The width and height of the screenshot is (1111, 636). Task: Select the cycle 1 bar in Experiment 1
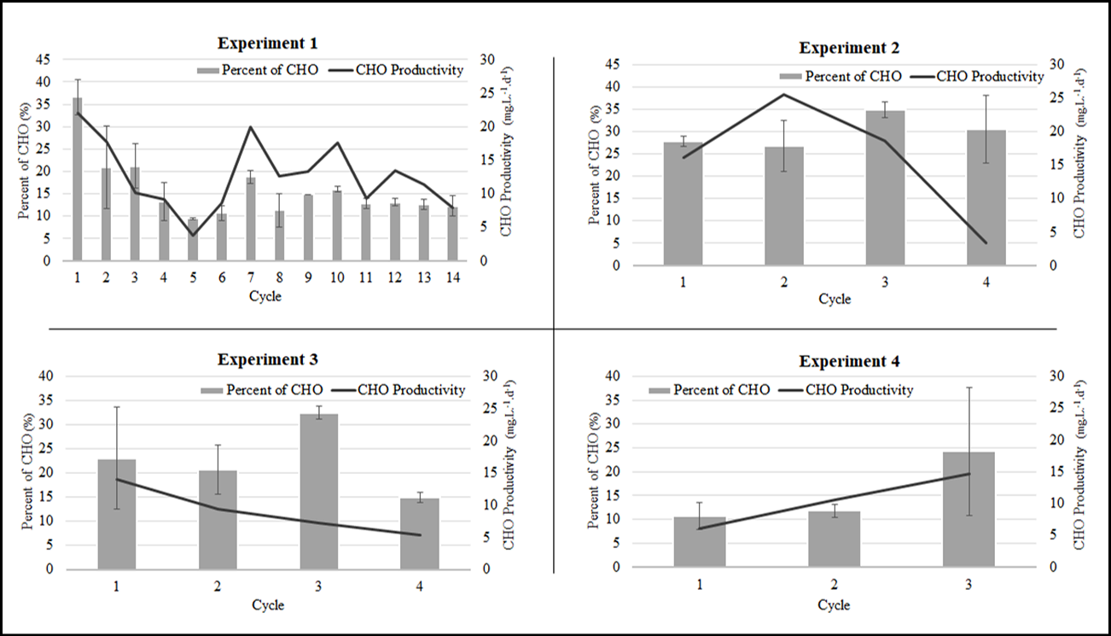78,179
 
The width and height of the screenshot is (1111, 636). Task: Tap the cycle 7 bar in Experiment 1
251,219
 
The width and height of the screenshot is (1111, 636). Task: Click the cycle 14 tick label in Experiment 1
453,277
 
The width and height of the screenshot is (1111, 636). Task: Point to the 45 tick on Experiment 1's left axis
43,60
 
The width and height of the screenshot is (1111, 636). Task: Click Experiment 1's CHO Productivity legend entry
405,70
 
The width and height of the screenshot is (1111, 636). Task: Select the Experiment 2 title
848,47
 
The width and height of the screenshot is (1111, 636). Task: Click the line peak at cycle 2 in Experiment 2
784,94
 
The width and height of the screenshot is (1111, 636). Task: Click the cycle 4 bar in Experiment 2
986,198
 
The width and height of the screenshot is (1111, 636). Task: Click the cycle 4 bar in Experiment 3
419,534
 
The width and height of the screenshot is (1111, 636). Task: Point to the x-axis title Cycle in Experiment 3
268,605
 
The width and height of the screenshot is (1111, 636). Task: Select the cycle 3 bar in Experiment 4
968,509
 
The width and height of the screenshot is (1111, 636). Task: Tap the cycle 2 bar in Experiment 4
834,539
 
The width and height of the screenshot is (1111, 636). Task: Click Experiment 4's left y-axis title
596,471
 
